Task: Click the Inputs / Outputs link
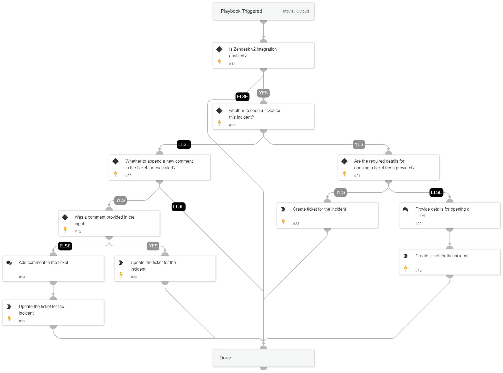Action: pyautogui.click(x=296, y=11)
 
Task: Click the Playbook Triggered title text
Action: pyautogui.click(x=241, y=11)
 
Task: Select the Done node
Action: pyautogui.click(x=263, y=358)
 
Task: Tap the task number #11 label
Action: pyautogui.click(x=232, y=64)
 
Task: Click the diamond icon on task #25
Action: pyautogui.click(x=219, y=110)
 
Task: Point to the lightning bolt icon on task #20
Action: pyautogui.click(x=116, y=174)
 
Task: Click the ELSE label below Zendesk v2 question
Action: pyautogui.click(x=242, y=97)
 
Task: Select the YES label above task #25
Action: pyautogui.click(x=263, y=93)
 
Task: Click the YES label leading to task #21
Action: pyautogui.click(x=358, y=144)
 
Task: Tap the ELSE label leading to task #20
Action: pyautogui.click(x=184, y=144)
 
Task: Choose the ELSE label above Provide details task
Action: pyautogui.click(x=436, y=192)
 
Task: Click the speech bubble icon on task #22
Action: pyautogui.click(x=406, y=209)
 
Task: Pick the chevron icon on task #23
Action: pyautogui.click(x=283, y=209)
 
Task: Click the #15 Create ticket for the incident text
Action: pyautogui.click(x=442, y=256)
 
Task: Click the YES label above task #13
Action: pyautogui.click(x=120, y=200)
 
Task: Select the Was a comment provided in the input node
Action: pyautogui.click(x=109, y=223)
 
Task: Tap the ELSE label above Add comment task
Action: pyautogui.click(x=65, y=246)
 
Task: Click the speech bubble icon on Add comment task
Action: pyautogui.click(x=9, y=263)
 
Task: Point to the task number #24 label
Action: pyautogui.click(x=134, y=277)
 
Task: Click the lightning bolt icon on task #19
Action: pyautogui.click(x=9, y=319)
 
